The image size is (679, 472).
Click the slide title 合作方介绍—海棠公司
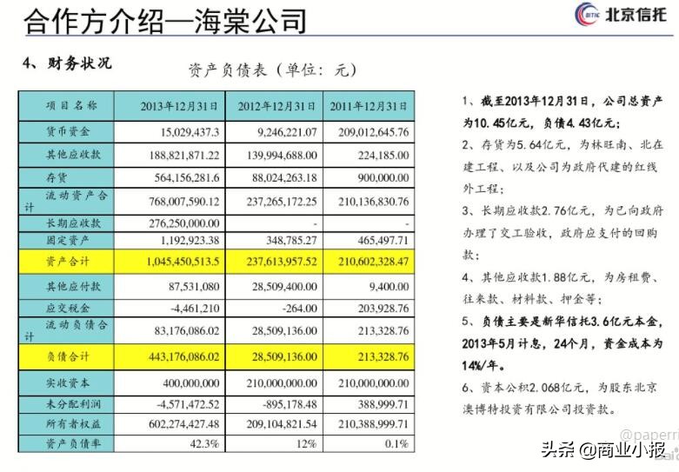coord(166,19)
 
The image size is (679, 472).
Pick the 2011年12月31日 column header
coord(369,106)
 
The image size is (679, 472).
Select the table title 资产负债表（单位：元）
coord(272,70)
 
